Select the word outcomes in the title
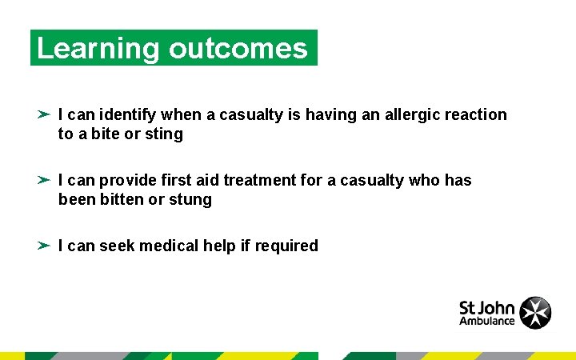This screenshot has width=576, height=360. pos(238,49)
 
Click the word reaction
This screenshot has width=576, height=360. pos(476,114)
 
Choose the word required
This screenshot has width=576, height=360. pos(286,246)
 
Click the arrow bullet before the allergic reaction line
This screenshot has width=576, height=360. pos(44,114)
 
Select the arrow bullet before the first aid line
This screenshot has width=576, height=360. pos(44,180)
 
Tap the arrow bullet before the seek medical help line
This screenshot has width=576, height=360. pos(44,246)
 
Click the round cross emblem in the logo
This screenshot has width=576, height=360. pos(535,312)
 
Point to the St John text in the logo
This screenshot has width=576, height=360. pos(486,306)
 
